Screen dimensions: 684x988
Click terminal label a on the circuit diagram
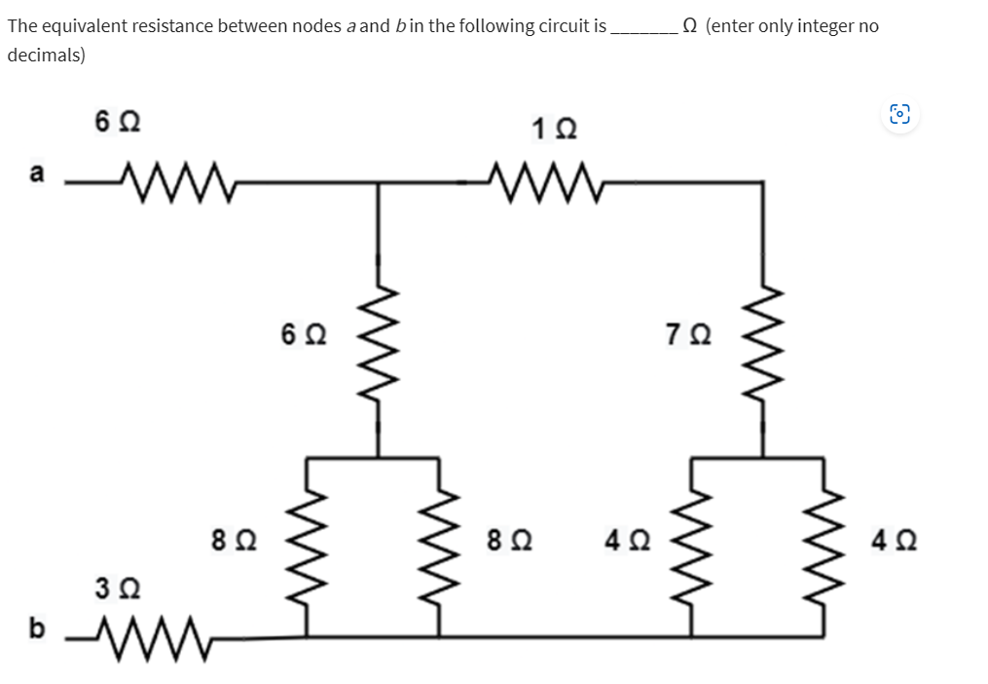[x=37, y=174]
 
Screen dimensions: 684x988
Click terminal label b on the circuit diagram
[x=37, y=627]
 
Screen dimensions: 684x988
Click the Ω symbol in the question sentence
[x=689, y=26]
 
